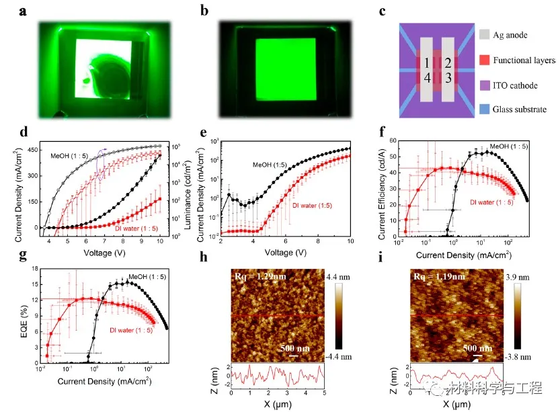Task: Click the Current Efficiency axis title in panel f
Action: coord(383,190)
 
